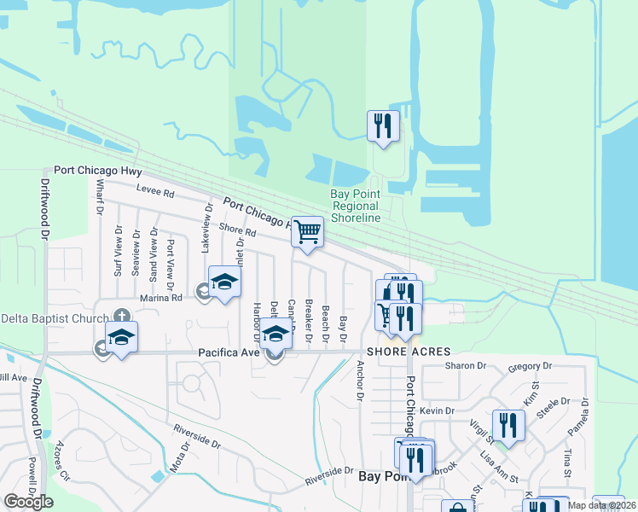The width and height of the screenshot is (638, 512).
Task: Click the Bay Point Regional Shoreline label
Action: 355,206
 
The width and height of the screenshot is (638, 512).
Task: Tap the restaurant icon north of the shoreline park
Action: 382,126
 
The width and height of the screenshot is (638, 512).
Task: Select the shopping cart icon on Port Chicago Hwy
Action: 307,230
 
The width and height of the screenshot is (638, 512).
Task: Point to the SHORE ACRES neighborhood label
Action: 409,352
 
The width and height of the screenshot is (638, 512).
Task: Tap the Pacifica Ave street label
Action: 228,352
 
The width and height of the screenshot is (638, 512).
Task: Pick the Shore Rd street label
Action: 237,230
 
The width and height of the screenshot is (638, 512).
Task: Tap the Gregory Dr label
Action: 525,366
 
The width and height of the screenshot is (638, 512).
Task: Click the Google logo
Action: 28,502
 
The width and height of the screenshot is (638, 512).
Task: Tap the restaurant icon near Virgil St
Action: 508,426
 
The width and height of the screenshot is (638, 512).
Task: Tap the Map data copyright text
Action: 602,505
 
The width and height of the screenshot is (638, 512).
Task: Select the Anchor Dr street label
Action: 360,381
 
